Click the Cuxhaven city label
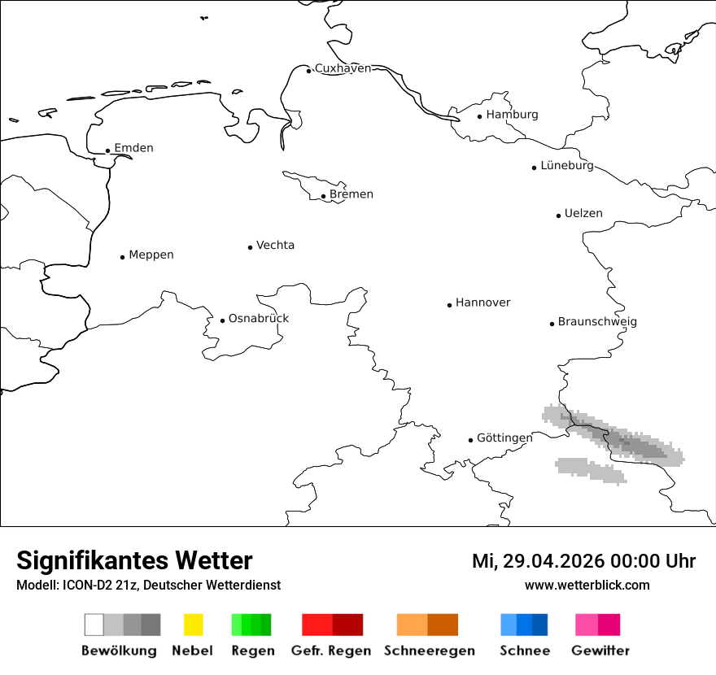coord(343,68)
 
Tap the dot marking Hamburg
coord(479,116)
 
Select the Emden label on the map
coord(133,148)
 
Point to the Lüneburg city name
coord(567,165)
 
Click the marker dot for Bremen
coord(323,196)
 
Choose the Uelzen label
coord(583,213)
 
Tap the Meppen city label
coord(151,255)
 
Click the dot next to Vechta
coord(250,247)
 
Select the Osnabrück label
coord(259,318)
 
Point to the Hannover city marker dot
coord(449,305)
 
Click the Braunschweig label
coord(597,321)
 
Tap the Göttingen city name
coord(504,438)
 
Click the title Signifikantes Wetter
coord(134,560)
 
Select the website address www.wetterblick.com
coord(587,585)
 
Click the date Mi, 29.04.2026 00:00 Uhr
coord(583,561)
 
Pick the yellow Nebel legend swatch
coord(193,625)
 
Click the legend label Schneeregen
coord(429,651)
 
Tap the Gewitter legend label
coord(600,651)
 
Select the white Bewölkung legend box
coord(94,625)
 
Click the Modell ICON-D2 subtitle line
coord(148,585)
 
